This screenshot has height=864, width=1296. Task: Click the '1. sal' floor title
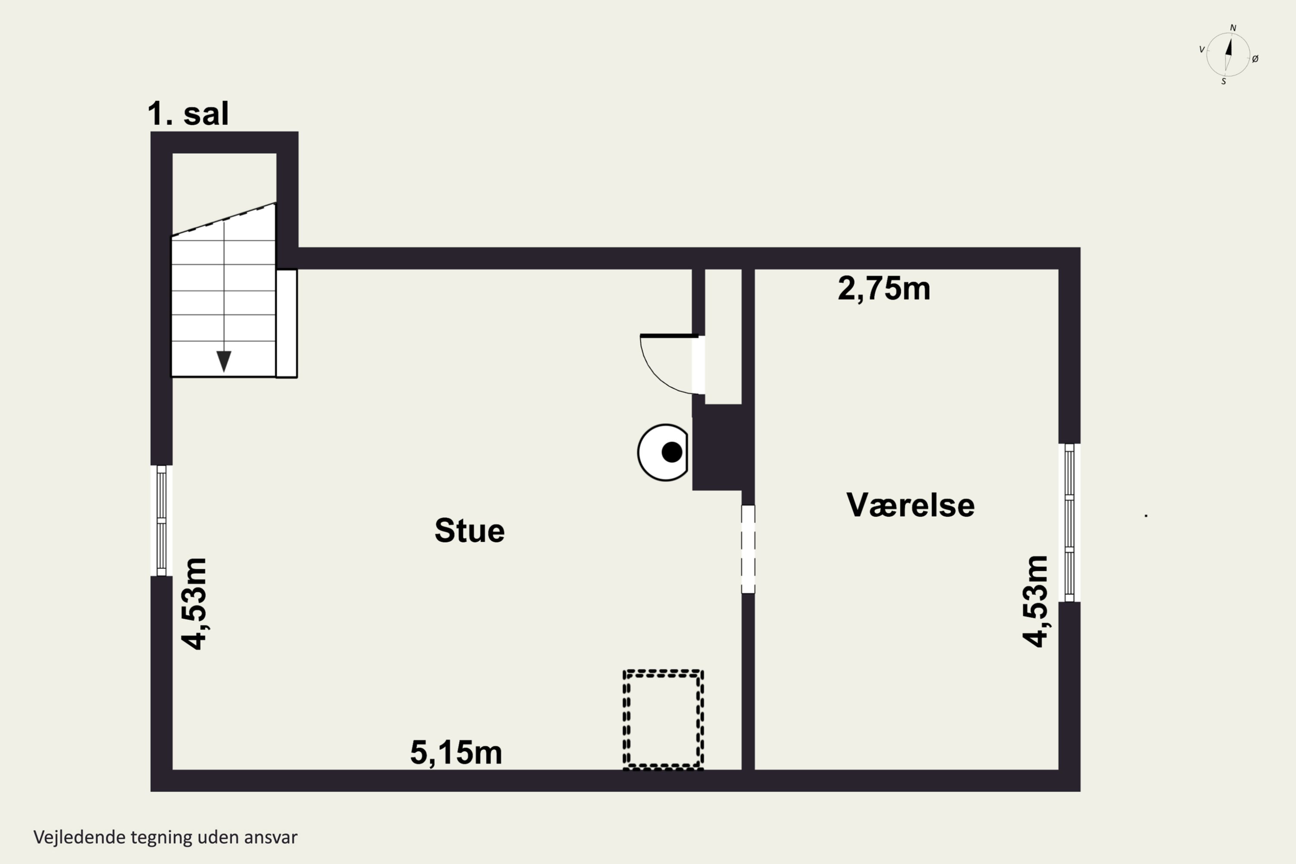coord(188,114)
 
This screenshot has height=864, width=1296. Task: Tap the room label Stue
coord(470,530)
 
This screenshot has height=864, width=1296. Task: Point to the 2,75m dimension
coord(884,289)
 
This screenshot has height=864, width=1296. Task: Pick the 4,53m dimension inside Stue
coord(194,604)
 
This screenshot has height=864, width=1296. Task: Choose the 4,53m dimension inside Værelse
coord(1035,601)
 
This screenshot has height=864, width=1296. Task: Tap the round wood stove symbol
coord(663,452)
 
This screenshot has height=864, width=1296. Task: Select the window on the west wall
coord(162,521)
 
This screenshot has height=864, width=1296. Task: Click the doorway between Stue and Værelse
coord(748,550)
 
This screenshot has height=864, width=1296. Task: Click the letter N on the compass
coord(1233,28)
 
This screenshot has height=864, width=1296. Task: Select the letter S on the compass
coord(1224,82)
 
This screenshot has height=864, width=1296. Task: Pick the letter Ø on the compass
coord(1255,59)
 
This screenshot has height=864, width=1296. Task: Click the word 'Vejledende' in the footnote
coord(79,838)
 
